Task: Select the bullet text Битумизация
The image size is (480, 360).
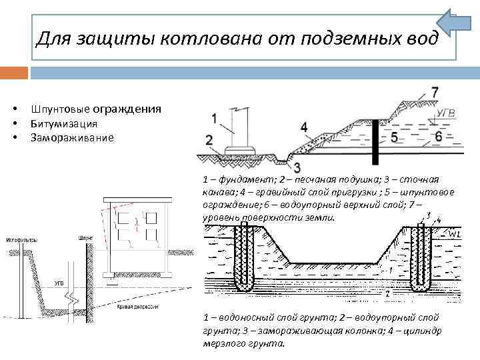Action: [x=64, y=123]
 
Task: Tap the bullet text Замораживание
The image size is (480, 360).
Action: [x=72, y=138]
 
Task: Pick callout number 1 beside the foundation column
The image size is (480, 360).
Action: [x=213, y=119]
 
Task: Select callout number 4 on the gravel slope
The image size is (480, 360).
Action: [x=304, y=127]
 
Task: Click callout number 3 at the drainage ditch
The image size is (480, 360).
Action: [x=296, y=167]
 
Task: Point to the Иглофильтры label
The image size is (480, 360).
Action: [x=21, y=239]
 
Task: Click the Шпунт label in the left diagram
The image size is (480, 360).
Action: [x=85, y=237]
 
